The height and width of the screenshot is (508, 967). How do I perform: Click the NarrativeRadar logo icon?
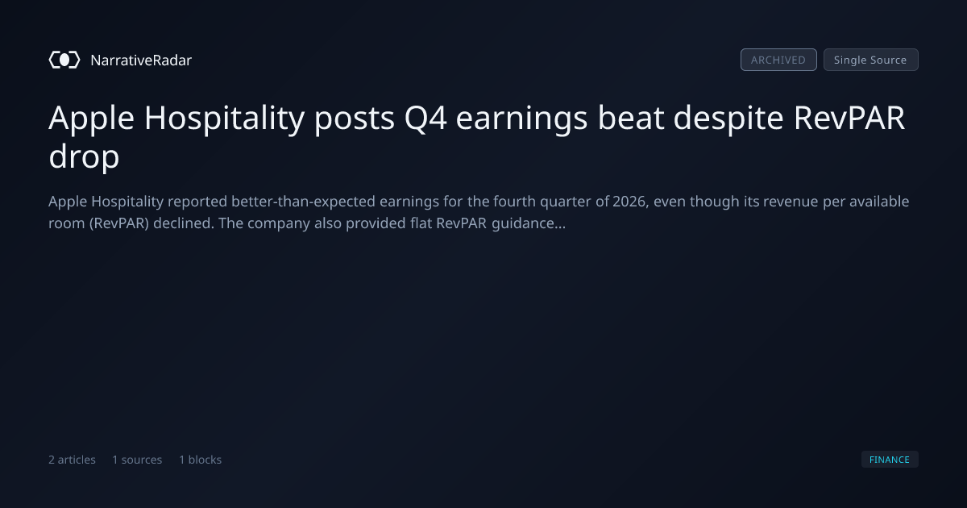tap(64, 60)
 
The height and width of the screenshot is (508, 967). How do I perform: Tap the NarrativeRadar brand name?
tap(141, 60)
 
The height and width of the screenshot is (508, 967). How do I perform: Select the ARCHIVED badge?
tap(778, 60)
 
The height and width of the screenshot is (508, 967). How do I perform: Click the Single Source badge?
tap(871, 60)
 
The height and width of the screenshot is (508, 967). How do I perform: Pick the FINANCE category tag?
tap(890, 460)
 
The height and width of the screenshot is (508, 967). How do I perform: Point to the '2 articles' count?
tap(72, 460)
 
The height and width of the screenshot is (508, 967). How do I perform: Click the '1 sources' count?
tap(137, 460)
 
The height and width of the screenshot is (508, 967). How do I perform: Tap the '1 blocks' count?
tap(201, 460)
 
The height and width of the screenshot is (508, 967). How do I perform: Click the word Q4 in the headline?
tap(425, 118)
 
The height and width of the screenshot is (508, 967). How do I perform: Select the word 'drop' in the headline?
tap(84, 156)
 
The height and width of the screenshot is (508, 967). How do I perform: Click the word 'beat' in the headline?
tap(630, 118)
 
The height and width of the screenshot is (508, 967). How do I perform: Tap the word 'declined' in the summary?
tap(184, 223)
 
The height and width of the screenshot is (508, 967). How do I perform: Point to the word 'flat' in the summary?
tap(421, 223)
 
